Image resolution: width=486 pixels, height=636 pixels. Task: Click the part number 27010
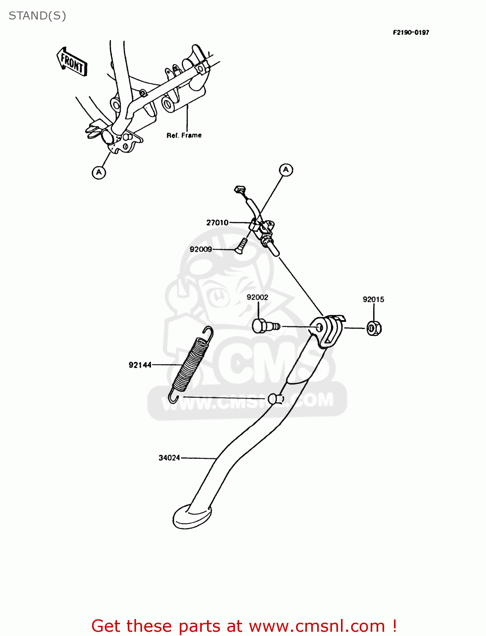217,223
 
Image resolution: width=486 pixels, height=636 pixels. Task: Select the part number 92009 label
201,249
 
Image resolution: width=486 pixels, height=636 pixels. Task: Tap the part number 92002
257,297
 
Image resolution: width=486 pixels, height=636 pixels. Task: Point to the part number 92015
373,299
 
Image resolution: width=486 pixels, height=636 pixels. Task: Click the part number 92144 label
140,365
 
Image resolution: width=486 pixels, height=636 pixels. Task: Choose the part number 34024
169,458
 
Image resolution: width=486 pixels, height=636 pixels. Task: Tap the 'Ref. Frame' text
184,135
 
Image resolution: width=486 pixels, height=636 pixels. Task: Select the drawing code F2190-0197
411,32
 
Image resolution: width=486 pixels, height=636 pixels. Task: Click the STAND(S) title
37,16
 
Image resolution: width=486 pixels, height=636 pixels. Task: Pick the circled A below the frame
99,172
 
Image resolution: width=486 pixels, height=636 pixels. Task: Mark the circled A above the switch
286,170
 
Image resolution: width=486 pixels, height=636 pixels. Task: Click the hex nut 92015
374,328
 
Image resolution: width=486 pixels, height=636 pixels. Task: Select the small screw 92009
241,245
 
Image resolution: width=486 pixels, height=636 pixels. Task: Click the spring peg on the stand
275,399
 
